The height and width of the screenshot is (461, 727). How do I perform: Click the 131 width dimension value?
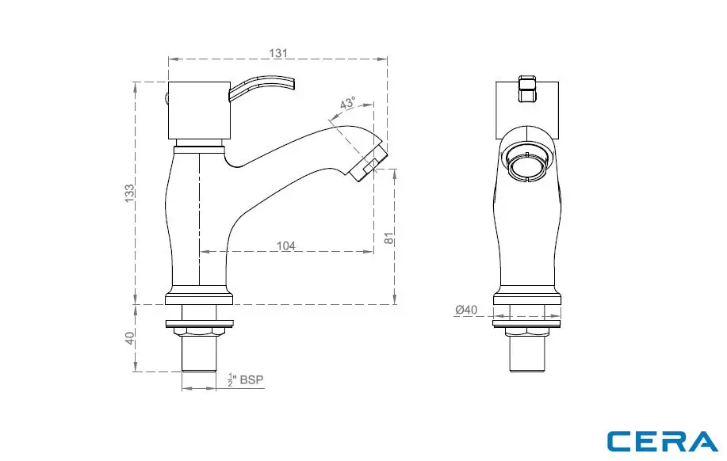tap(277, 52)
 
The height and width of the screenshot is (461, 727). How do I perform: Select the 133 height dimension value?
tap(129, 193)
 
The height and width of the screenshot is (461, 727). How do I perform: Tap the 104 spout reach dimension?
tap(286, 246)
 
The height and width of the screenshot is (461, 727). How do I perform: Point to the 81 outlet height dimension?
tap(388, 238)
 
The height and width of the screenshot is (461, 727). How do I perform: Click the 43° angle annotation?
tap(347, 104)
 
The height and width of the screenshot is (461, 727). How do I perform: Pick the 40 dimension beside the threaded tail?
tap(129, 338)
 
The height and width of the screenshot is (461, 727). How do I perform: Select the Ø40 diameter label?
tap(466, 310)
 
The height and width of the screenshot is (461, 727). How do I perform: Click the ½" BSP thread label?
tap(245, 380)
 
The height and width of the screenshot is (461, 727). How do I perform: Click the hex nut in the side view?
tap(199, 332)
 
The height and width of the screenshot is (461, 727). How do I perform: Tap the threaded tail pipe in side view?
tap(199, 356)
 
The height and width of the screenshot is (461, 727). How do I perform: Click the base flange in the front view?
tap(528, 298)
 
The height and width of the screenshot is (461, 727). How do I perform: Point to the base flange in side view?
tap(199, 298)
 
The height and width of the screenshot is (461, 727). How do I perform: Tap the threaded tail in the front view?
tap(528, 356)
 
